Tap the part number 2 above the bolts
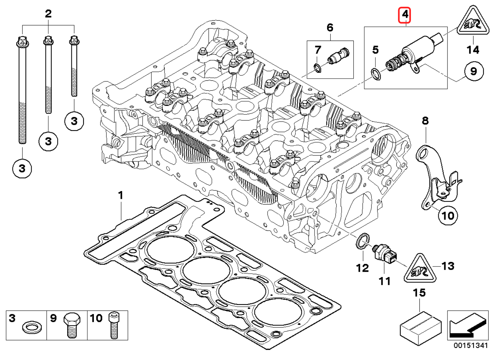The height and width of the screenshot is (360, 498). pos(48,14)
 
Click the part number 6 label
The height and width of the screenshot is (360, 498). pos(330,27)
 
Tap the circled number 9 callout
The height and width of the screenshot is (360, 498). pos(473,71)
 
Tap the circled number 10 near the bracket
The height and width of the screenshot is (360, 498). pos(448,215)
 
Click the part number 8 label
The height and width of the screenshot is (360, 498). pos(425,121)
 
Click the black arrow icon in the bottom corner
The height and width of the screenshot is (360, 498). pos(467,325)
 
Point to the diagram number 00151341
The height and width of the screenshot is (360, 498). pos(470,345)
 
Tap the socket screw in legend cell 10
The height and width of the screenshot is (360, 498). pos(114,325)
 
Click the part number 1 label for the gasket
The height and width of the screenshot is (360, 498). pos(121,195)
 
